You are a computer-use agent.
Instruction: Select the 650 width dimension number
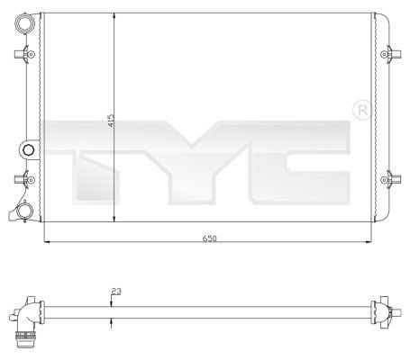click(210, 238)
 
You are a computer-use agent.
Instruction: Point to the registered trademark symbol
click(361, 110)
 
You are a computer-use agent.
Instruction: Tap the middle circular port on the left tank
click(29, 148)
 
